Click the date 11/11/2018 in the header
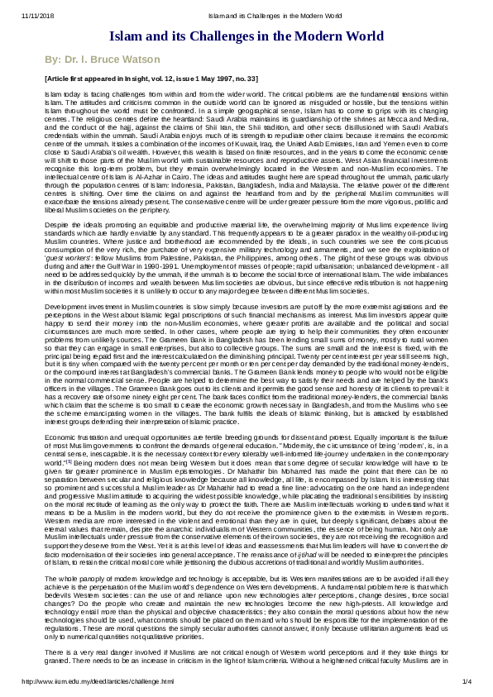[19, 16]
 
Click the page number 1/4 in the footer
[466, 681]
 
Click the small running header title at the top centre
[246, 16]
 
